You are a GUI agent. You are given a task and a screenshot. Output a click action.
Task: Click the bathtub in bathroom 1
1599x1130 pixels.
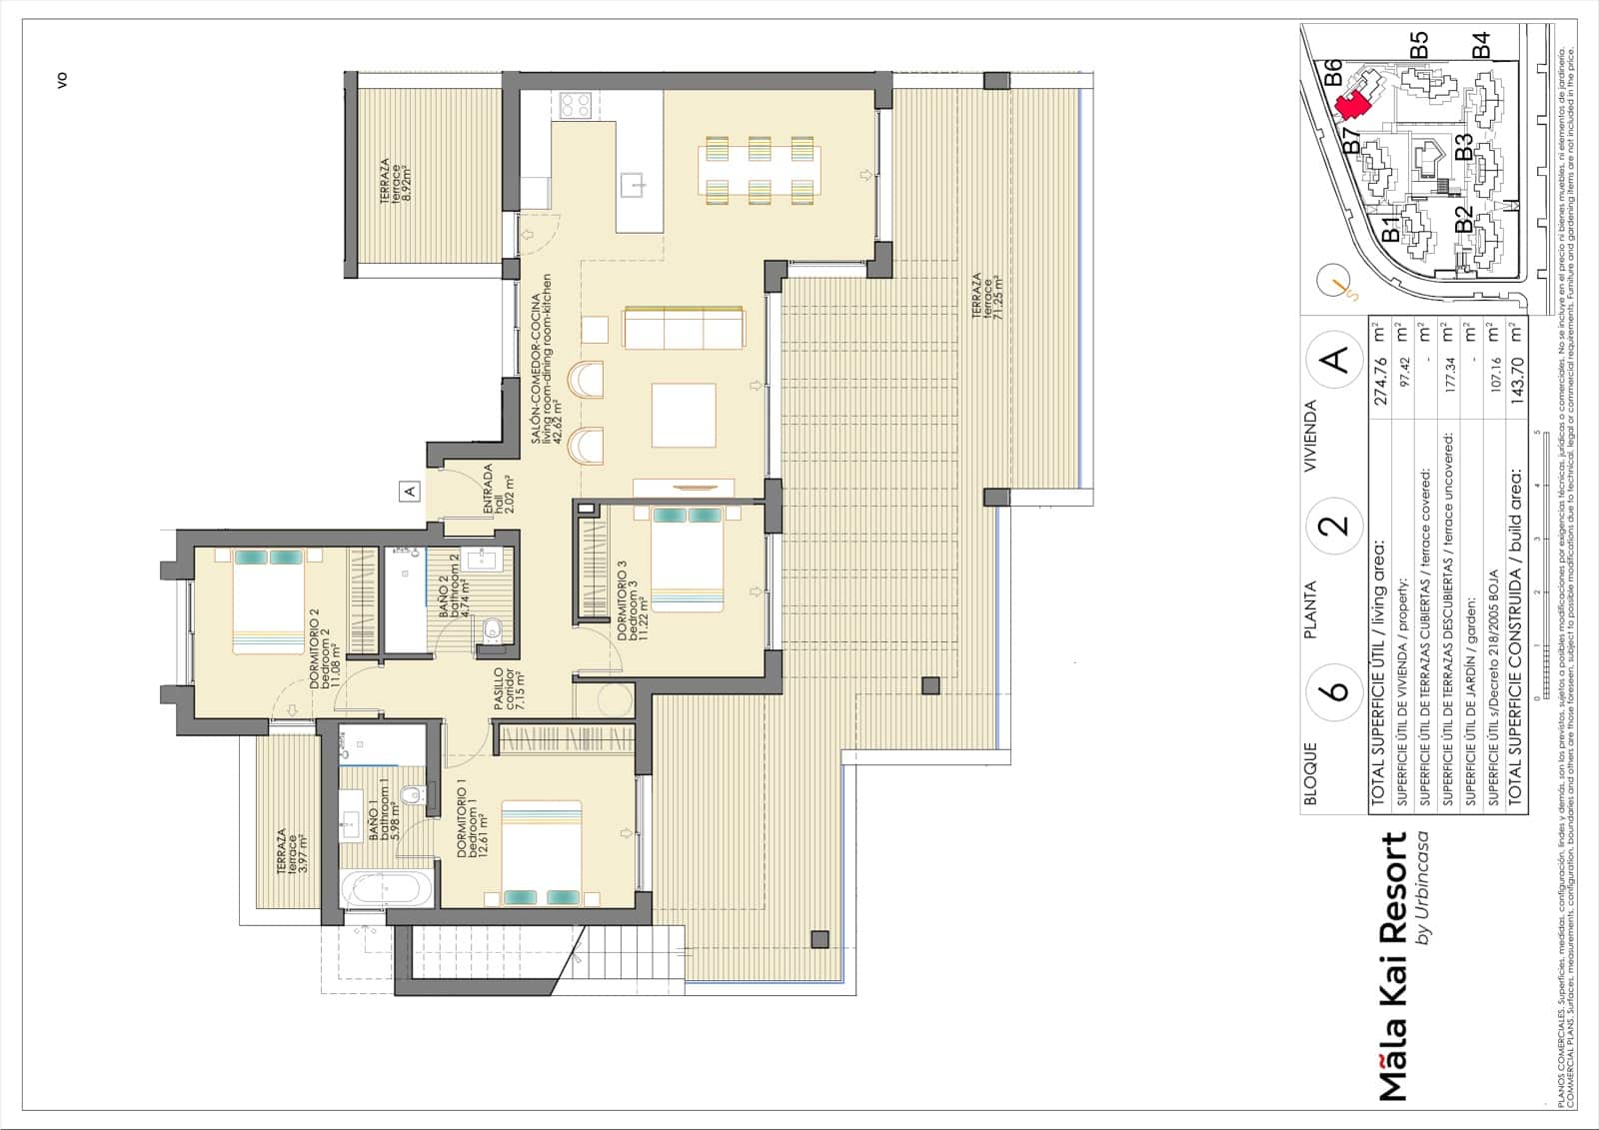coord(387,889)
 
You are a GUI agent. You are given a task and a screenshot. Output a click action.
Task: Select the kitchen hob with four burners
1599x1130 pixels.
coord(576,105)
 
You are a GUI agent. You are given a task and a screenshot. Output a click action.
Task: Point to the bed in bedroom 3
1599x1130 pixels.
coord(687,560)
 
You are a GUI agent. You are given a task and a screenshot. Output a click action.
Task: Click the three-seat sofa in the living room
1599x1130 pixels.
coord(684,328)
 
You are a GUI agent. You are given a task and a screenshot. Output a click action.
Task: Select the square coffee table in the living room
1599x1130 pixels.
coord(685,415)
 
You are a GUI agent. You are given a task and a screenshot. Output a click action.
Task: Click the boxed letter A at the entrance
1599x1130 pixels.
coord(409,491)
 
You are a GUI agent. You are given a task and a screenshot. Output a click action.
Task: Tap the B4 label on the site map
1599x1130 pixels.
coord(1480,45)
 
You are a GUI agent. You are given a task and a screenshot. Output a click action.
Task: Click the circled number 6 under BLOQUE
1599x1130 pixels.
coord(1336,689)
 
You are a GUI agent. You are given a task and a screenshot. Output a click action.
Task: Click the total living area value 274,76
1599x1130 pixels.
coord(1381,380)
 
